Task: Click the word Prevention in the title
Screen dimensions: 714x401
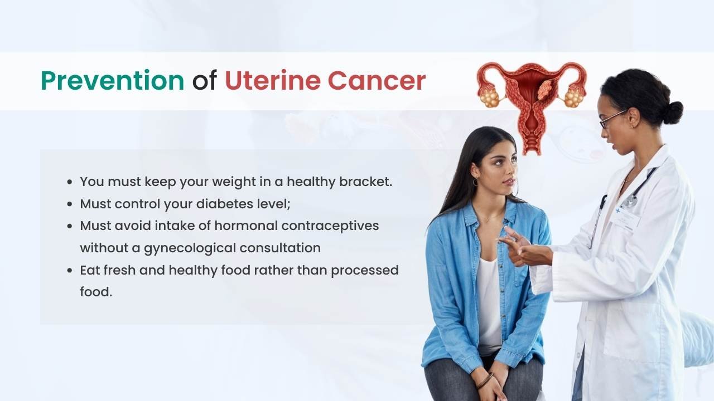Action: [x=113, y=81]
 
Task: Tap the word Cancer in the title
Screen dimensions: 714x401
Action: [x=377, y=81]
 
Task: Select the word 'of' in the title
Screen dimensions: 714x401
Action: [x=205, y=81]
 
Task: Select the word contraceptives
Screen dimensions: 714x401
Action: [x=330, y=226]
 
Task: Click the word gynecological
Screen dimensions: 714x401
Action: [x=190, y=248]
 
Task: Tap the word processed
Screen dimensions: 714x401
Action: [x=365, y=271]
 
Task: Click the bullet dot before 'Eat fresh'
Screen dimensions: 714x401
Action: [x=70, y=271]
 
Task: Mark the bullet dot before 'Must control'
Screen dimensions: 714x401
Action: [x=70, y=204]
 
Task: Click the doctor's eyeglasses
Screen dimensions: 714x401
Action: [x=612, y=119]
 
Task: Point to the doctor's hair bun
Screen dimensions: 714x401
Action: [x=672, y=113]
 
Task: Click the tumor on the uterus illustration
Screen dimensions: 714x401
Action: [x=546, y=90]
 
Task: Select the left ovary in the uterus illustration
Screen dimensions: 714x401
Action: [x=490, y=97]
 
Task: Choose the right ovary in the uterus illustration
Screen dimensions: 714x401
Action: [x=574, y=97]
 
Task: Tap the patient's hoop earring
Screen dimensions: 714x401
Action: [x=475, y=182]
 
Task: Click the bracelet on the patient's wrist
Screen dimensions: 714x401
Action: [x=485, y=380]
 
